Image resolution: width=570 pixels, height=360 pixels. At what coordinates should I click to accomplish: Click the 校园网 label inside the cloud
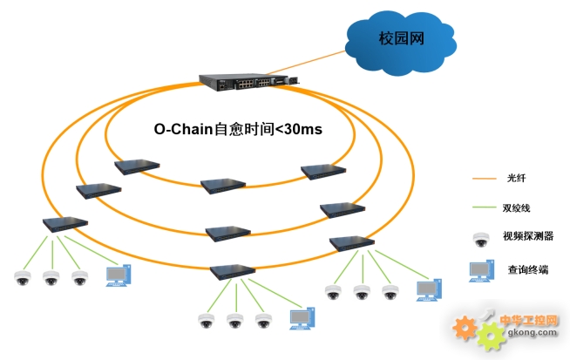(401, 38)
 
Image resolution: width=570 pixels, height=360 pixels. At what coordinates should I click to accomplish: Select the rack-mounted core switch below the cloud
(249, 82)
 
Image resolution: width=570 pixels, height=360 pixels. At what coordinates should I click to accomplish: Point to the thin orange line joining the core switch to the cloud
(306, 63)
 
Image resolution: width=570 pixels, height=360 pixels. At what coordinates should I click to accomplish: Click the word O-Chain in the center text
(183, 129)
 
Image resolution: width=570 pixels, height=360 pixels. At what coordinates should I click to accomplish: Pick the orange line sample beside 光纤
(485, 179)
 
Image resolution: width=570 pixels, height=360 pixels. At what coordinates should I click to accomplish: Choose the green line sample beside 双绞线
(485, 207)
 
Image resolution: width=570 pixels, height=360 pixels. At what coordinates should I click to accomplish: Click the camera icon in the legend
(481, 240)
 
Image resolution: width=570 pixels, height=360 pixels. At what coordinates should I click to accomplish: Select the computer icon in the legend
(482, 270)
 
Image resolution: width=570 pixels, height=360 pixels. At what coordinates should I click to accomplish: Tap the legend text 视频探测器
(528, 236)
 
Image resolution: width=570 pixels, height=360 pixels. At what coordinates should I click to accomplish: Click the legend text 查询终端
(528, 270)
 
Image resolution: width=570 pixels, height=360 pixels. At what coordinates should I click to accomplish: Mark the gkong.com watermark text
(533, 332)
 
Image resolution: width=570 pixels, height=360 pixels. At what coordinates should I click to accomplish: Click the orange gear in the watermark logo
(465, 328)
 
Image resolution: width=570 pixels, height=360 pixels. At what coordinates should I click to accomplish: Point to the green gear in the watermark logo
(491, 336)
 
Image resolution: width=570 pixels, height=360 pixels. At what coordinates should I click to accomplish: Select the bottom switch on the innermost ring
(223, 186)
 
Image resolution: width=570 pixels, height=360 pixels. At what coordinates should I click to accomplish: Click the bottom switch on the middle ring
(228, 234)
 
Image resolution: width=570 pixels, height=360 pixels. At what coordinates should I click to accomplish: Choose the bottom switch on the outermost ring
(233, 272)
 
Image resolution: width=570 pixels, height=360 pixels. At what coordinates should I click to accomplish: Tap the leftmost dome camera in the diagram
(22, 278)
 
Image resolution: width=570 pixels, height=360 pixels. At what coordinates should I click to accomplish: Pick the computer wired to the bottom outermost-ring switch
(302, 318)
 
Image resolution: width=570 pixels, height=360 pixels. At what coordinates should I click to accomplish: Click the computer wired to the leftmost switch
(119, 275)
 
